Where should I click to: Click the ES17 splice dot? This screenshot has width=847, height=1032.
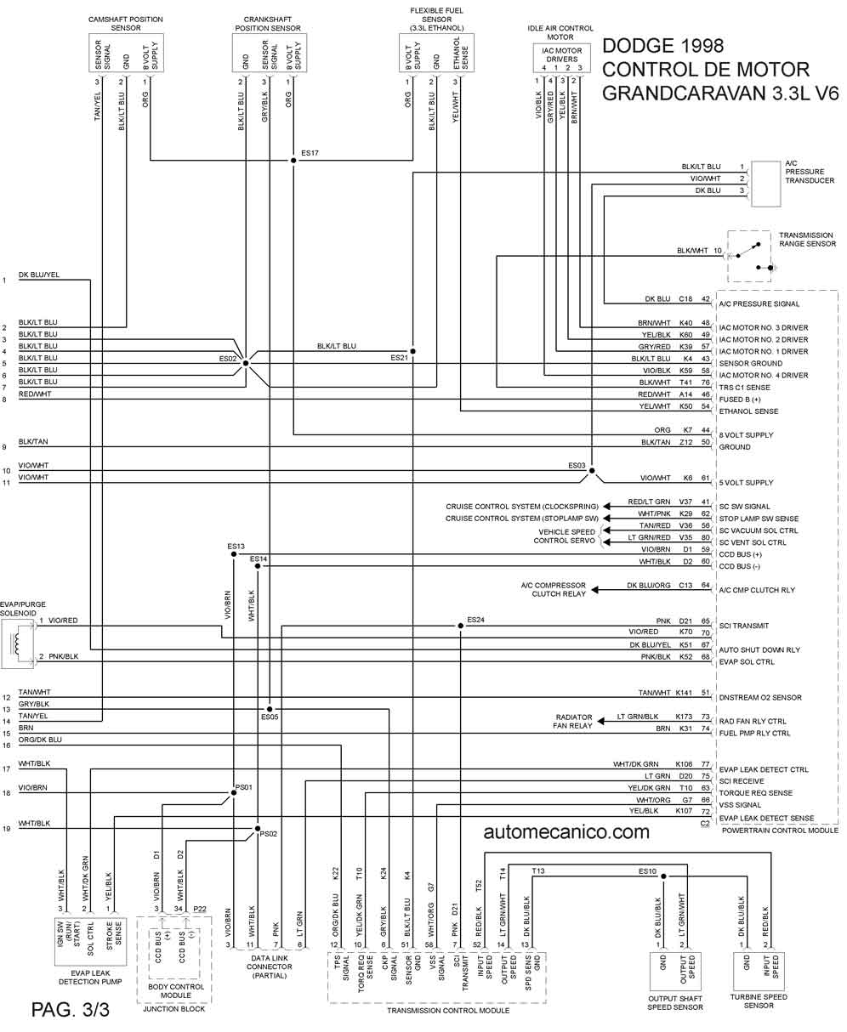tap(293, 161)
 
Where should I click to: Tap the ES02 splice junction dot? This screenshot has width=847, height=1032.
tap(246, 363)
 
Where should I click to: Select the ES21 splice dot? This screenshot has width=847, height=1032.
tap(412, 351)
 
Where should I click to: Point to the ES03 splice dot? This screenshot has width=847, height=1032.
tap(592, 471)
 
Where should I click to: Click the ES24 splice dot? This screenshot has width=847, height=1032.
tap(461, 626)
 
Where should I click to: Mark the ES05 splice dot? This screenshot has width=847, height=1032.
tap(270, 709)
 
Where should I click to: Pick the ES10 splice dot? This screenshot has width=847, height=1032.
tap(663, 876)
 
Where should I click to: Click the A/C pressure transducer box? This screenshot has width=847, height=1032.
tap(765, 184)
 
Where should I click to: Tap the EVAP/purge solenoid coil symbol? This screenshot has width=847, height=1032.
tap(18, 644)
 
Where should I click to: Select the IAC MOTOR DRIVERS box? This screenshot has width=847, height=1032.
tap(561, 59)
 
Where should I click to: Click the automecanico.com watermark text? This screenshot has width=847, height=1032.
tap(566, 832)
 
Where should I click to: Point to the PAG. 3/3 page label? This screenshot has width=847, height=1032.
tap(71, 1009)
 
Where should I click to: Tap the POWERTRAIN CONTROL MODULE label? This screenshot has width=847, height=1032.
tap(780, 831)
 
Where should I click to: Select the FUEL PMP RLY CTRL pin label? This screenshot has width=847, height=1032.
tap(754, 733)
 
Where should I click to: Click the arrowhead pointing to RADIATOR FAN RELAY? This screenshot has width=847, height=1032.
tap(600, 721)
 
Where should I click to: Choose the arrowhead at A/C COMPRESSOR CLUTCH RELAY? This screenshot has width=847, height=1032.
tap(595, 590)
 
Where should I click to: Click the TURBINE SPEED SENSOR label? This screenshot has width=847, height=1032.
tap(759, 1001)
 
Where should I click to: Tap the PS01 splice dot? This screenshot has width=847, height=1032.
tap(234, 793)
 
